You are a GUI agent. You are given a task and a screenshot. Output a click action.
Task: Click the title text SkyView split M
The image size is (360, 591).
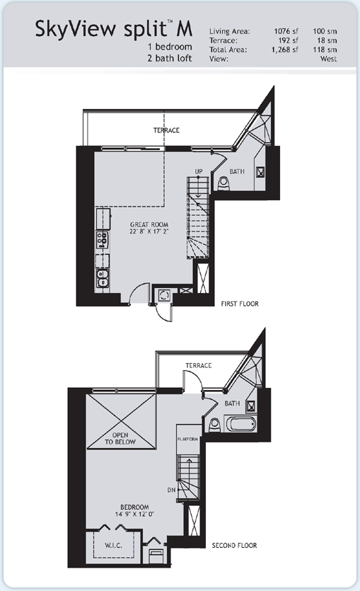[x=114, y=32]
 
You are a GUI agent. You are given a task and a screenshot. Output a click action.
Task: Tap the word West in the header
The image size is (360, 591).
[x=327, y=60]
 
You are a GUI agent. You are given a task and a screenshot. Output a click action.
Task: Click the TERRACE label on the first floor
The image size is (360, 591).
[x=166, y=130]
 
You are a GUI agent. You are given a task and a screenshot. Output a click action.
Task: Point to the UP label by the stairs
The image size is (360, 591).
[x=199, y=172]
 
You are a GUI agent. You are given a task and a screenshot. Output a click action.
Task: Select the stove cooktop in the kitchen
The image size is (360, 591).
[x=101, y=239]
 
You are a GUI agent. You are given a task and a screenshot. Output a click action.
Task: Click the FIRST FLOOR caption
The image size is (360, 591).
[x=240, y=304]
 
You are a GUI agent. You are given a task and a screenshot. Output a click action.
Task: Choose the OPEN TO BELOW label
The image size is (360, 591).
[x=123, y=436]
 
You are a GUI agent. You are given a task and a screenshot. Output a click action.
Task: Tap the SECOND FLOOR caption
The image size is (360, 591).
[x=235, y=546]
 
